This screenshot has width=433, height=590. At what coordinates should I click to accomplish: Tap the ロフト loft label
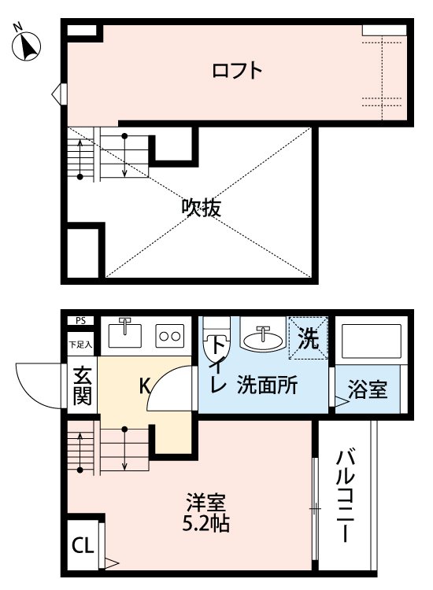click(x=236, y=71)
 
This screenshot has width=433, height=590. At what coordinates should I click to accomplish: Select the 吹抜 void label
click(x=201, y=208)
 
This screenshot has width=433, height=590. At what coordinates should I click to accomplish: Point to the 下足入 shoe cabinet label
click(x=80, y=344)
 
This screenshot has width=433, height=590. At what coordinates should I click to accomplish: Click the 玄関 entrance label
click(x=81, y=385)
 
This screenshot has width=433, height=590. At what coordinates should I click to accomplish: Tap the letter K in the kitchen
click(x=145, y=386)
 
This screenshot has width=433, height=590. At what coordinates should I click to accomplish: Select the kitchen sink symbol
click(x=124, y=334)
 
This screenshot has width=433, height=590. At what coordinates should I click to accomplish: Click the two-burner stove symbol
click(x=170, y=335)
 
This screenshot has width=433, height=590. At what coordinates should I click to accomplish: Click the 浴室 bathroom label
click(x=368, y=389)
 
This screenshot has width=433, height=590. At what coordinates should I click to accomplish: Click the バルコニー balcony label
click(x=344, y=496)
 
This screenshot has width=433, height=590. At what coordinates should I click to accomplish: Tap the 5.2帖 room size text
click(x=207, y=523)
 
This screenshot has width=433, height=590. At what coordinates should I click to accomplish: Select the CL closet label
click(x=81, y=544)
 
